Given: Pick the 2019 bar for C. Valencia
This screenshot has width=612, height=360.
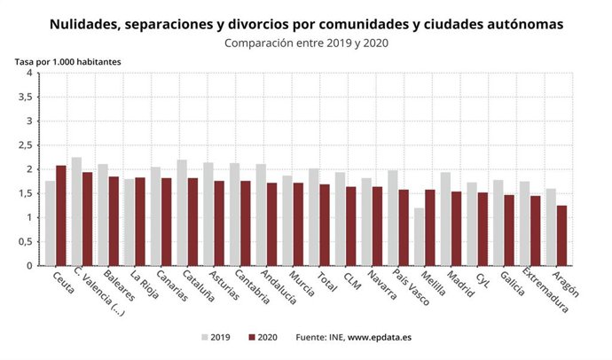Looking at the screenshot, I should point(76,211).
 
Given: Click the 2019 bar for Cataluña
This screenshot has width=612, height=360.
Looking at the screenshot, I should point(182,213).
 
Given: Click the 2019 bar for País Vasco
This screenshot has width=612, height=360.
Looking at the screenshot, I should point(393,218).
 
